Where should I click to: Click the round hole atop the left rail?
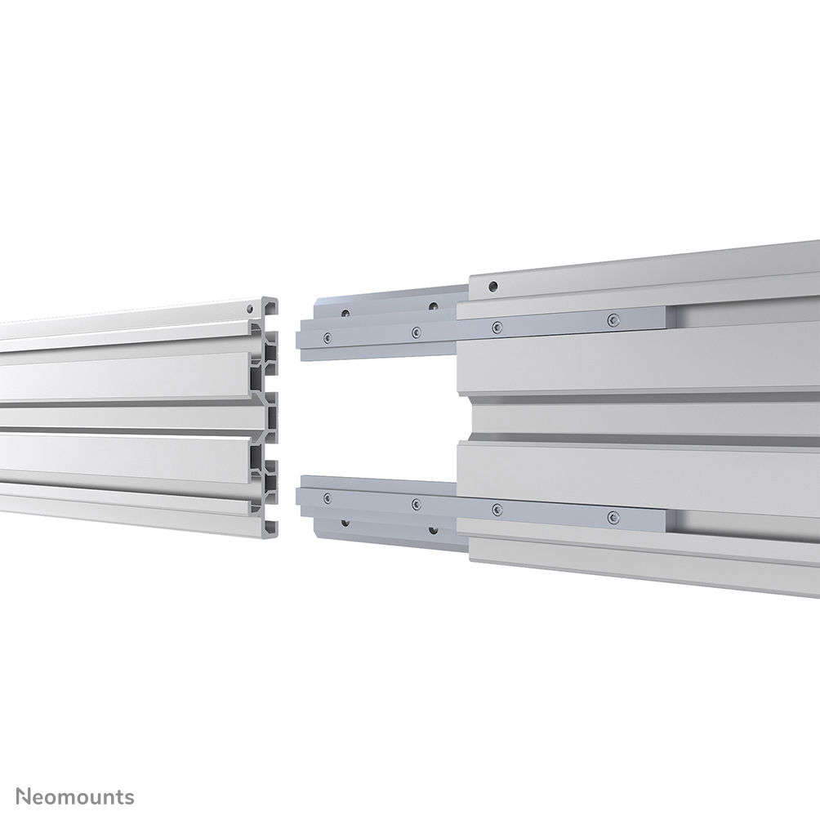coord(248,310)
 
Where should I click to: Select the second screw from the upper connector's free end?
coord(416,332)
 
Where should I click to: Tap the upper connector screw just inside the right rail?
coord(496,327)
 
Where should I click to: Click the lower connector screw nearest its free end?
coord(327,497)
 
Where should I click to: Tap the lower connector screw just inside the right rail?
coord(496,510)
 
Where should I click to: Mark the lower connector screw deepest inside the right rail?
coord(613,516)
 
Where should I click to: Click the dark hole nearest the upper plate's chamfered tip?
coord(346,313)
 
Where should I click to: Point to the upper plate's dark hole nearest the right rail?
coord(433,307)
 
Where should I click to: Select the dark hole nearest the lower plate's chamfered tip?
coord(346,521)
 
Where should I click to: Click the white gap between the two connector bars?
coord(376,417)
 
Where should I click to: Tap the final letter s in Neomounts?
coord(130,796)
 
